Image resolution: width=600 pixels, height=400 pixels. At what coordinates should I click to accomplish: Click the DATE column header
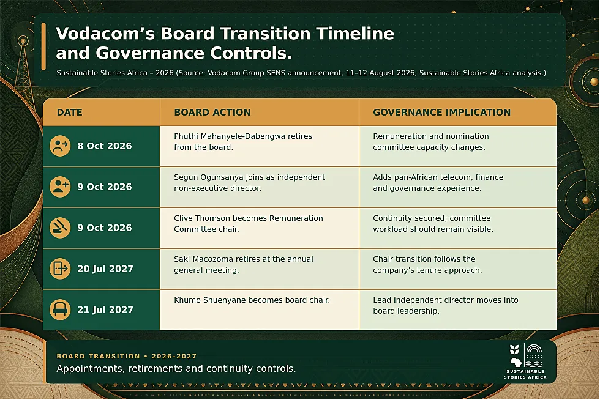click(69, 113)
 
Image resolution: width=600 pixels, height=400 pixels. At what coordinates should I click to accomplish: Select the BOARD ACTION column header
click(212, 113)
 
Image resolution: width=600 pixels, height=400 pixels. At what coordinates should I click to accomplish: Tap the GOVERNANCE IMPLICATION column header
click(441, 113)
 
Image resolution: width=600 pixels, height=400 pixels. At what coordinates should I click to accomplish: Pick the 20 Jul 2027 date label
click(105, 269)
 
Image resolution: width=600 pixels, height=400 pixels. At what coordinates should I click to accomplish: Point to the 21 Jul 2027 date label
click(105, 309)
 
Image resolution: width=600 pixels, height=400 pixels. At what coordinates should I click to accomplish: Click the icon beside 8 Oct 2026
click(60, 146)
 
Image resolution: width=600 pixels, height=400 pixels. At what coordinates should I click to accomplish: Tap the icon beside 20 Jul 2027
click(60, 269)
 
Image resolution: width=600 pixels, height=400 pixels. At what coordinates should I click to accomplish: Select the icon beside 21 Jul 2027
click(60, 309)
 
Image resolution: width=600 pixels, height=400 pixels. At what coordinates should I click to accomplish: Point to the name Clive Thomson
click(201, 218)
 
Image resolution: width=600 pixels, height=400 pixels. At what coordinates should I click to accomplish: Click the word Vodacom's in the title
click(105, 33)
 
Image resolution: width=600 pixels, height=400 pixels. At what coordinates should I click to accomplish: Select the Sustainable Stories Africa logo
click(525, 361)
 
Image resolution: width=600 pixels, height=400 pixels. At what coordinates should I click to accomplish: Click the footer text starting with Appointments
click(176, 369)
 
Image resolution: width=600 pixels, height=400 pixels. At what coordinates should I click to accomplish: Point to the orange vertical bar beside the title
click(43, 46)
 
